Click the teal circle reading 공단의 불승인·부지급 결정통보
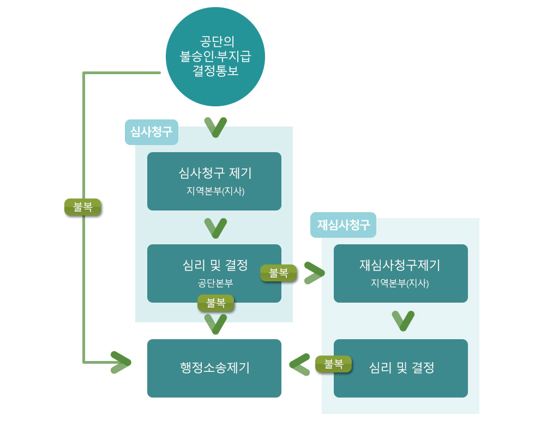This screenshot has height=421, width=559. pos(215,57)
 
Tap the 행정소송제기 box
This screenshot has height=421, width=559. pos(214,368)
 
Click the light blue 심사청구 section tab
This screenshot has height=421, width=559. pos(152,132)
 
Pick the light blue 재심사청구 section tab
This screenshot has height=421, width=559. pos(343,225)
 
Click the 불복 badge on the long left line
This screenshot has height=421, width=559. pos(83,207)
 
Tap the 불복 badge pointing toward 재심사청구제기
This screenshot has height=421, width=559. pos(279,273)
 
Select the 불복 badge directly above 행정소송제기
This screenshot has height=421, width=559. pos(215,303)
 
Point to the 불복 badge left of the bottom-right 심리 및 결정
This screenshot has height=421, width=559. pos(333,364)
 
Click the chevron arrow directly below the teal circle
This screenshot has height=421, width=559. pos(215,127)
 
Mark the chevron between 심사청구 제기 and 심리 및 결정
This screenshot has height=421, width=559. pos(215,228)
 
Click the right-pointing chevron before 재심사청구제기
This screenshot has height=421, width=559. pos(314,273)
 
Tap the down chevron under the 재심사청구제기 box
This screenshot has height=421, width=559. pos(403,321)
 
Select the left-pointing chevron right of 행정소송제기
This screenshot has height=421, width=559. pos(299,364)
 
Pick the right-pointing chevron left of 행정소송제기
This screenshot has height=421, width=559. pos(121,362)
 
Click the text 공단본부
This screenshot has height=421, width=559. pos(215,284)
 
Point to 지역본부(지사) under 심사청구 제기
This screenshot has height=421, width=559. pos(215,191)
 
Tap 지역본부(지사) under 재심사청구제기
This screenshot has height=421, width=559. pos(400,284)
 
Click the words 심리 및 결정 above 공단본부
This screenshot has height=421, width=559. pos(215,266)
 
